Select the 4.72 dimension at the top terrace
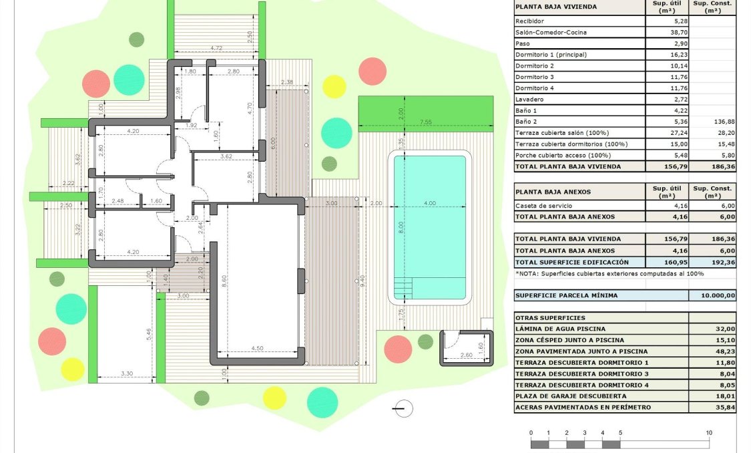point(216,48)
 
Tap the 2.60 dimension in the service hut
point(467,355)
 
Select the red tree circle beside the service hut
point(399,348)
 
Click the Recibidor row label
point(531,21)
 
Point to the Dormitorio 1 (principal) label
point(552,54)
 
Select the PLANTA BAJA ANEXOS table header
point(553,192)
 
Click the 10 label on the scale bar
point(709,433)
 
